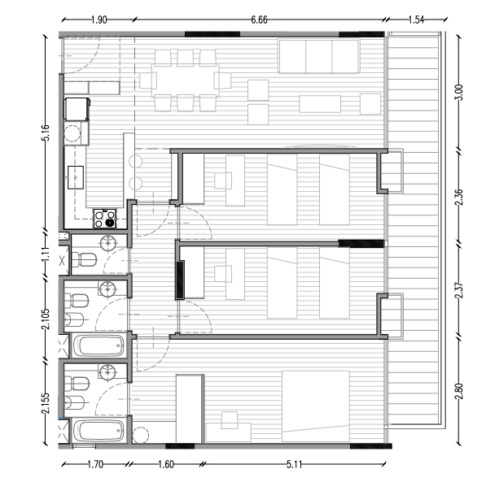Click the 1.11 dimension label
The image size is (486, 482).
(46, 254)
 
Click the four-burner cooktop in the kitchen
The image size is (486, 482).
(106, 217)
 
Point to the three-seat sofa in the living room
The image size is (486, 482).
(319, 57)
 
